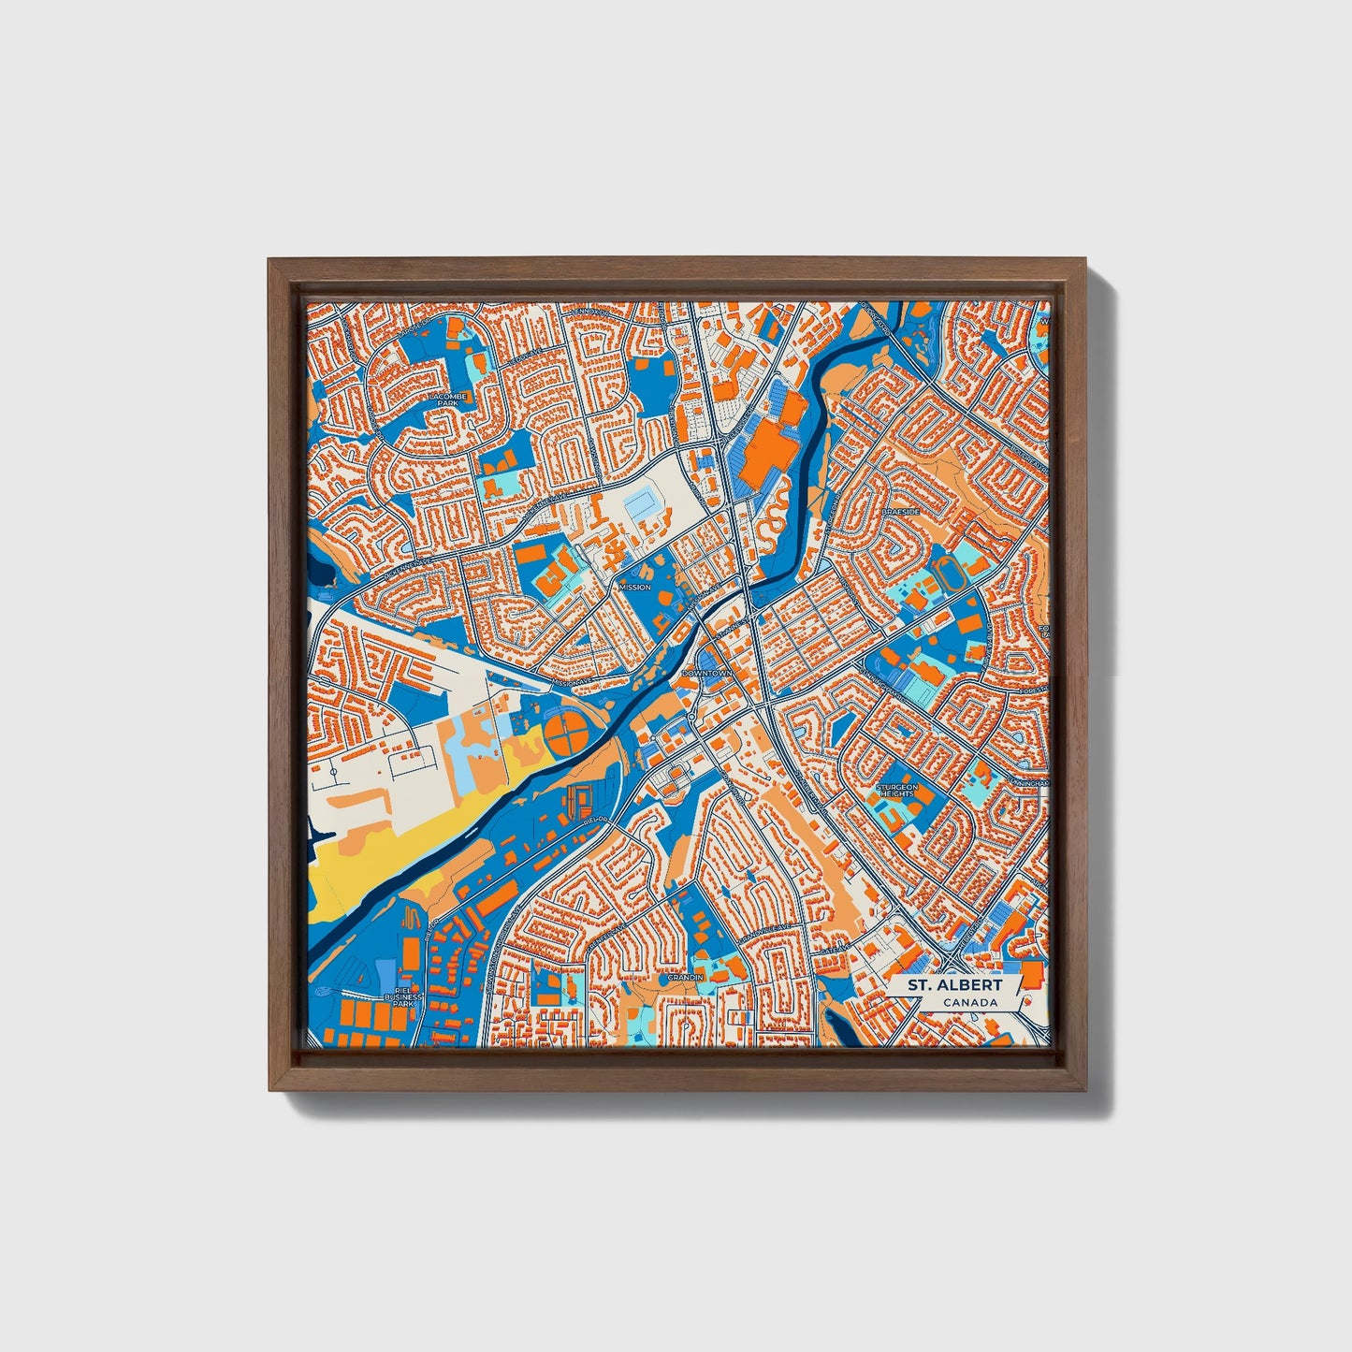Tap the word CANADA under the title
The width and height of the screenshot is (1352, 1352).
969,1003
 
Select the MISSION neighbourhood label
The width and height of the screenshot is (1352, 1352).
634,587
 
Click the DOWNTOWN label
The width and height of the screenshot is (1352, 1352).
707,673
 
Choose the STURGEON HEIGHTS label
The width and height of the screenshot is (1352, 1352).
895,791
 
